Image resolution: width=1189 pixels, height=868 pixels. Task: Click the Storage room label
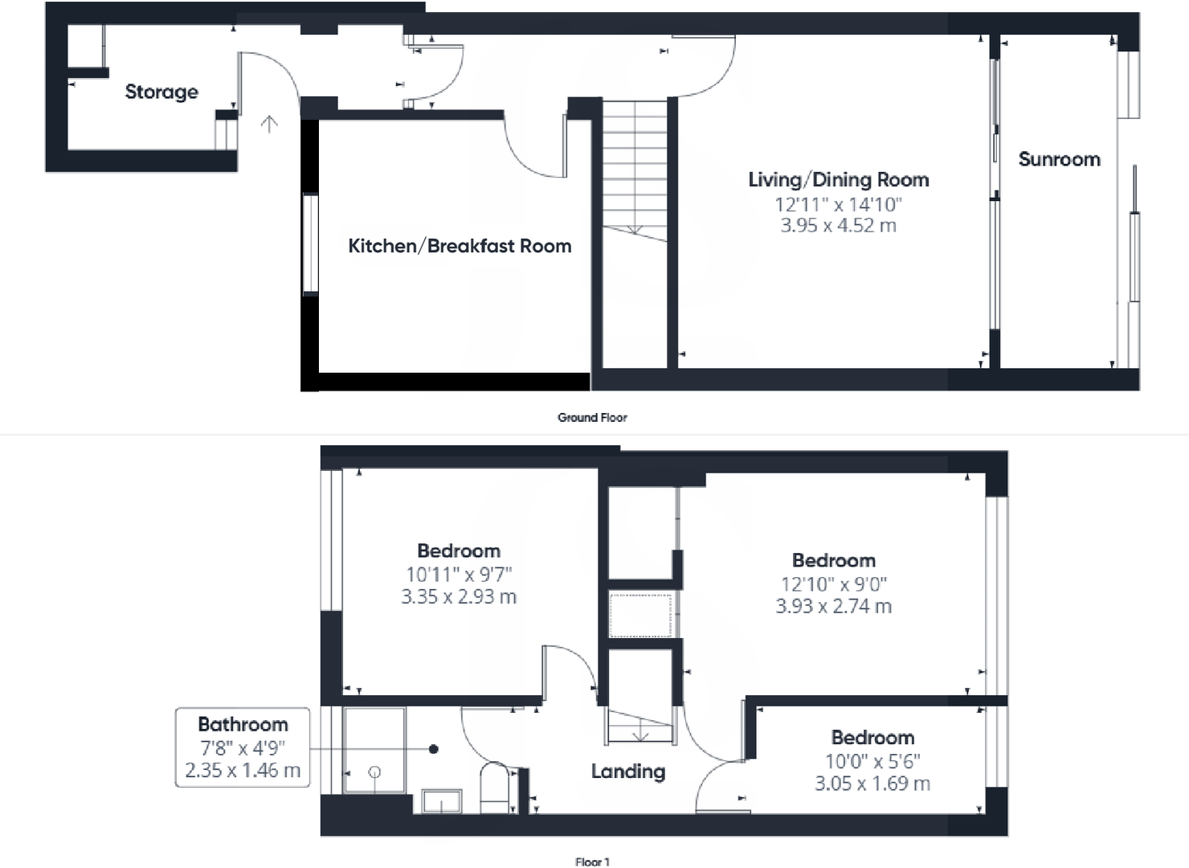[x=161, y=92]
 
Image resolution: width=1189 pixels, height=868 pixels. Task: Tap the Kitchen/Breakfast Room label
[x=460, y=246]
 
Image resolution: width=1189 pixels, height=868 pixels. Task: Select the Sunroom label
[x=1059, y=159]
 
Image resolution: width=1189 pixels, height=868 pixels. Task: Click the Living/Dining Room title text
[x=838, y=180]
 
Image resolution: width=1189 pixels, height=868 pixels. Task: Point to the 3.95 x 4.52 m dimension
[x=838, y=226]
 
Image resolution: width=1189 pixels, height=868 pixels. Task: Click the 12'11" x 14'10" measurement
[x=838, y=204]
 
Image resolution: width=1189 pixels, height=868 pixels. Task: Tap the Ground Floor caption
[x=592, y=417]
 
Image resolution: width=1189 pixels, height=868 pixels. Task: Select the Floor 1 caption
[x=592, y=862]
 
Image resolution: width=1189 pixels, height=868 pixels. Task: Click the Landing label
[x=627, y=772]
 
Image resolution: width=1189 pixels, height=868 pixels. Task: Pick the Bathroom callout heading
[x=243, y=724]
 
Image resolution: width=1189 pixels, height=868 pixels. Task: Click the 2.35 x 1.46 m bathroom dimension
[x=243, y=771]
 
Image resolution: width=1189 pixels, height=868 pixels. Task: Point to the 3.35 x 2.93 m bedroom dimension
[x=459, y=597]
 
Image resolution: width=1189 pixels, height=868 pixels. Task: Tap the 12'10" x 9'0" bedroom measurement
[x=834, y=584]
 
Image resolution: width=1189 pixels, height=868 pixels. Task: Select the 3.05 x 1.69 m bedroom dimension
[x=872, y=784]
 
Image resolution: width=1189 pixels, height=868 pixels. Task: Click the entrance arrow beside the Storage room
[x=269, y=124]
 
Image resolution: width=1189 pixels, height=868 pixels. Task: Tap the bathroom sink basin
[x=442, y=801]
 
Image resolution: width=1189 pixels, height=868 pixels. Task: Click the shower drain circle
[x=374, y=772]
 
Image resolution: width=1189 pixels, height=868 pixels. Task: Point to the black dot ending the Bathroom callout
[x=434, y=749]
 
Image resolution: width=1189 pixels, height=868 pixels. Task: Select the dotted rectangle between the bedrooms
[x=640, y=615]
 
